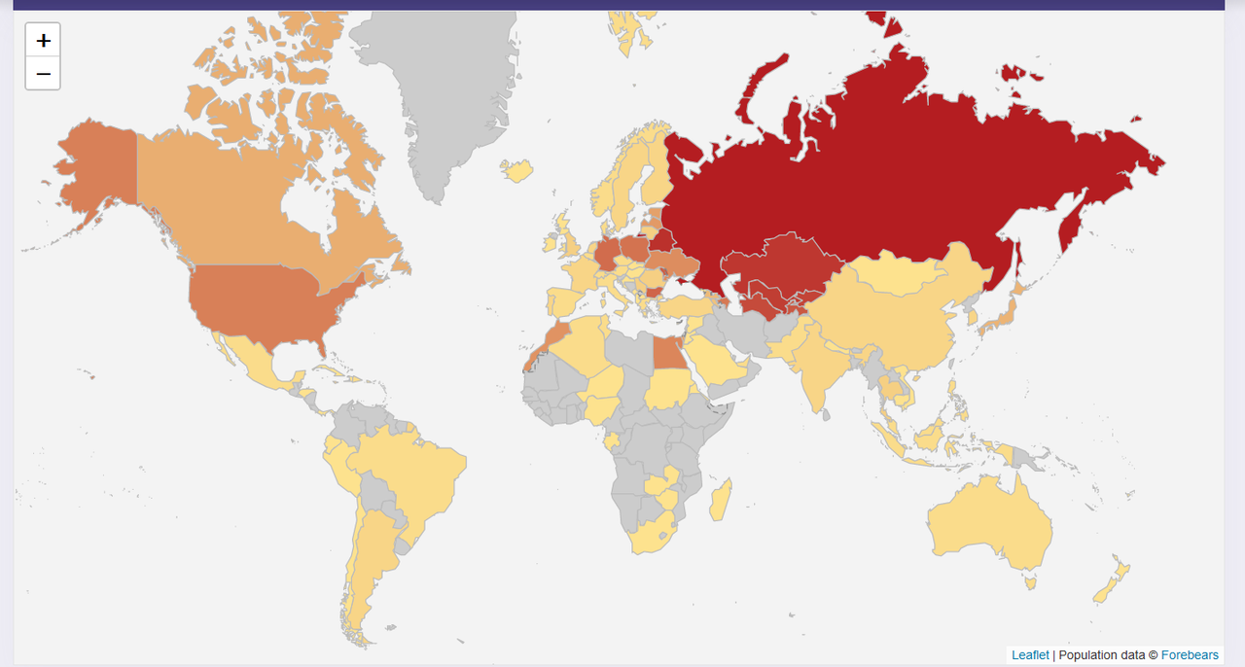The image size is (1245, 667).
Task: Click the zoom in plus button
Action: point(43,41)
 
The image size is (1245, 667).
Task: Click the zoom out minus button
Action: point(43,74)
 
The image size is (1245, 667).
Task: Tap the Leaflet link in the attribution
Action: point(1030,655)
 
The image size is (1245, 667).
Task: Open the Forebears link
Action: point(1190,655)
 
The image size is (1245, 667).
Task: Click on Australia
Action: point(987,525)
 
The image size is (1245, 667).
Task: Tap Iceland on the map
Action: point(517,171)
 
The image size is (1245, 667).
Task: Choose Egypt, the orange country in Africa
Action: point(668,354)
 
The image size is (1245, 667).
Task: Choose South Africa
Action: point(648,534)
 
